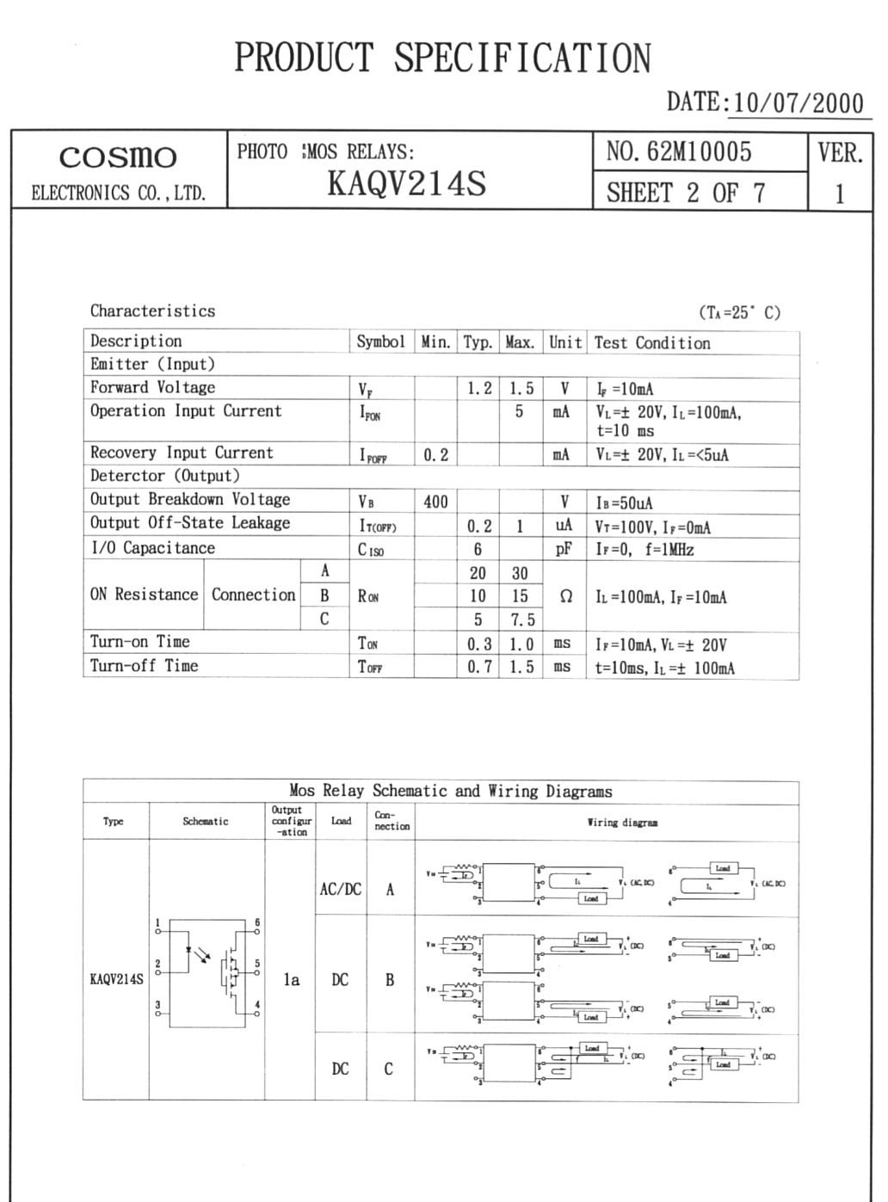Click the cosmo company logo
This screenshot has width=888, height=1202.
pos(118,157)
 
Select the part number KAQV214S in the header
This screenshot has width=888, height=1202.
pos(406,183)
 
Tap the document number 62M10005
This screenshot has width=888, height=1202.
pos(698,152)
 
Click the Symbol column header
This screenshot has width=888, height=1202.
pos(380,342)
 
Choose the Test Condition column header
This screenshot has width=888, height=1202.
pos(652,342)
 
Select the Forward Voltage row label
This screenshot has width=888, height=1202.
pos(152,387)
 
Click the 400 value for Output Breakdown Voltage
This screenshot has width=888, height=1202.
pos(435,502)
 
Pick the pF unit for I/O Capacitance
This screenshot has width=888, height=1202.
pos(564,549)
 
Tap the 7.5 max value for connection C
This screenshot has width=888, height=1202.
pos(521,619)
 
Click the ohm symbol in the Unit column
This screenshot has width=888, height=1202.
pos(565,596)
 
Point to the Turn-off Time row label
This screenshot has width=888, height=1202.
pos(144,665)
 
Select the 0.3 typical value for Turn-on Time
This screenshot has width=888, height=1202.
pos(478,644)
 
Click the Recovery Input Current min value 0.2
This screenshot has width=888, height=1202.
pos(435,454)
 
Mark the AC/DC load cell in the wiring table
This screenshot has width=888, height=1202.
pos(341,889)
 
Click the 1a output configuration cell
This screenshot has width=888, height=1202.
pos(292,979)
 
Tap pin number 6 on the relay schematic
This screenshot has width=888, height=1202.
pos(257,922)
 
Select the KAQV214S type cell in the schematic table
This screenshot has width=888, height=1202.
pos(116,979)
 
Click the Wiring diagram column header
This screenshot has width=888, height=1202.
pos(622,823)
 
